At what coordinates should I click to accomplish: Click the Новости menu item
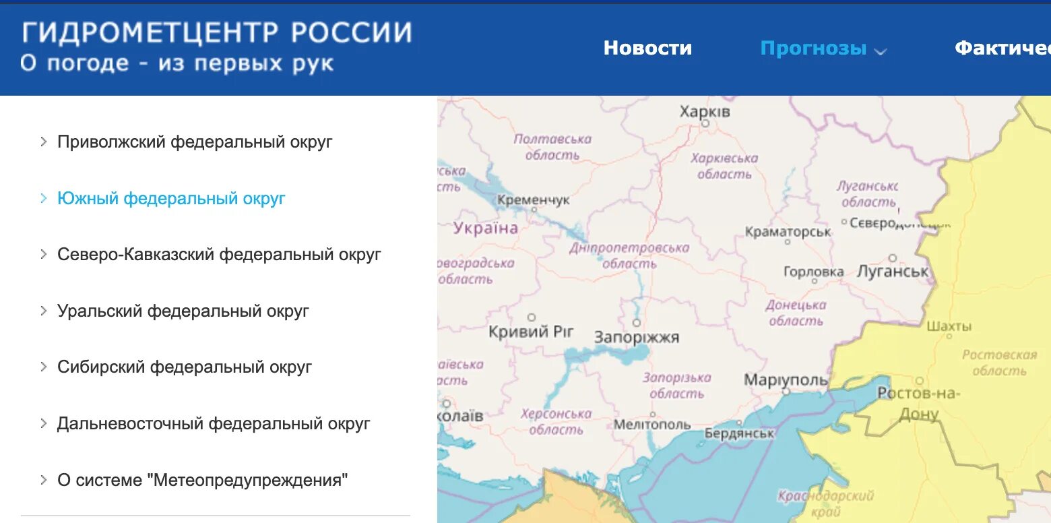pos(647,48)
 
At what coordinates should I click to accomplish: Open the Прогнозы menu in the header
pos(813,48)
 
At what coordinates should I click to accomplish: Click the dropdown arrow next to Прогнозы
pos(881,51)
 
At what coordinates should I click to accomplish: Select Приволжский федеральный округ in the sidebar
pos(195,142)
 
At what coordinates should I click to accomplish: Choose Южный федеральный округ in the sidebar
pos(171,199)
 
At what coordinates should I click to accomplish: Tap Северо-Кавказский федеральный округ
pos(219,255)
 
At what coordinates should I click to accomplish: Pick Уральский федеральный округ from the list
pos(183,311)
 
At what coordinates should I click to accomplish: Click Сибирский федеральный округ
pos(185,367)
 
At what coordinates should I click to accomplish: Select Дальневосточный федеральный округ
pos(214,424)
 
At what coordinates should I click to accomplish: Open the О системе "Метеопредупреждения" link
pos(203,481)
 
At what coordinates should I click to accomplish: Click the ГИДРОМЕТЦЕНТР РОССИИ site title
pos(216,32)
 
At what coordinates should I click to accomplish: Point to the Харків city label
pos(705,111)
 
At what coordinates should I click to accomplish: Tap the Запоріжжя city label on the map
pos(637,337)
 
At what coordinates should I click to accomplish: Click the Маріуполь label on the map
pos(786,380)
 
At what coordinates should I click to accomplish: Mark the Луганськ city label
pos(893,271)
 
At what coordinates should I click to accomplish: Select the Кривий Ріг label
pos(531,331)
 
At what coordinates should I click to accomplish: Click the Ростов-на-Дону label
pos(918,403)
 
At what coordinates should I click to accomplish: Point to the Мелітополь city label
pos(652,425)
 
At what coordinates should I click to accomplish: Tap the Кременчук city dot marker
pos(534,209)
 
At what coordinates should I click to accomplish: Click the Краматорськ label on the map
pos(788,232)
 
